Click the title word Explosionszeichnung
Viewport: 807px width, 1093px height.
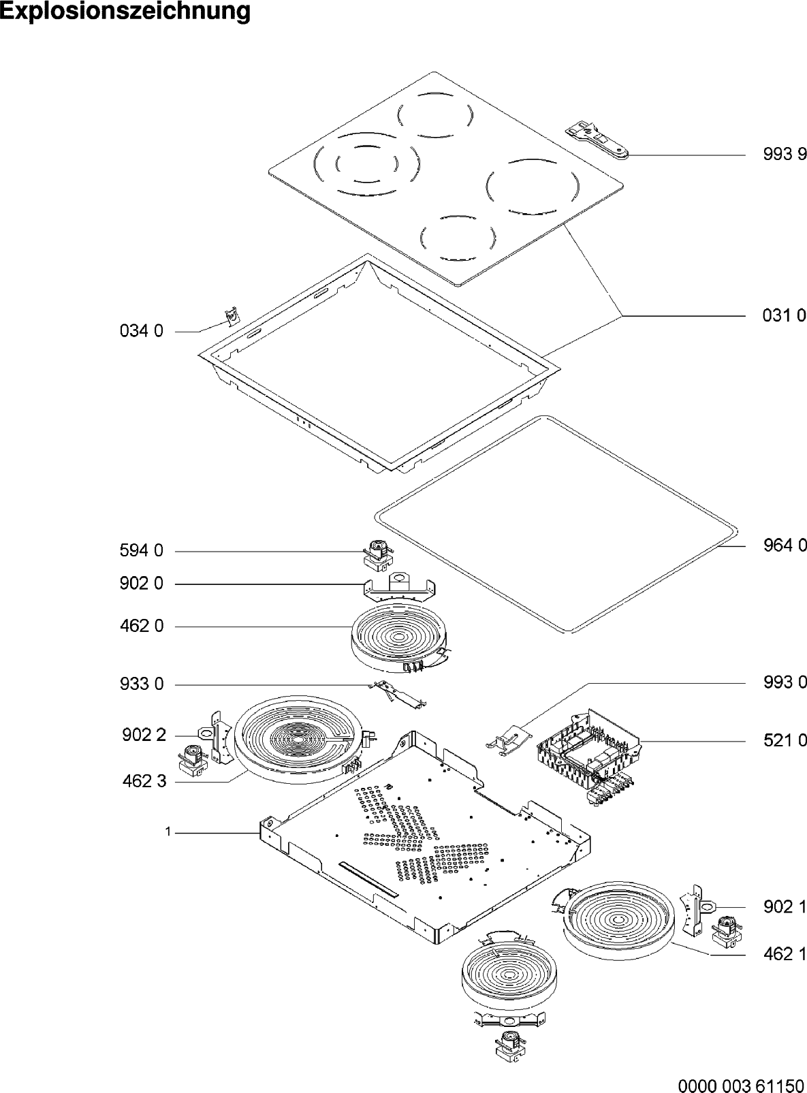125,12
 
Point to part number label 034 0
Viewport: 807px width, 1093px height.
142,332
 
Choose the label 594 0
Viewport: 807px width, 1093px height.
142,551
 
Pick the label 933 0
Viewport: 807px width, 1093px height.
142,684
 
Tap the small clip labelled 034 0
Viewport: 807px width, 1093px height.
234,317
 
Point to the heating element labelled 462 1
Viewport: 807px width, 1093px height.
620,923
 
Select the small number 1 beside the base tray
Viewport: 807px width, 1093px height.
167,831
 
